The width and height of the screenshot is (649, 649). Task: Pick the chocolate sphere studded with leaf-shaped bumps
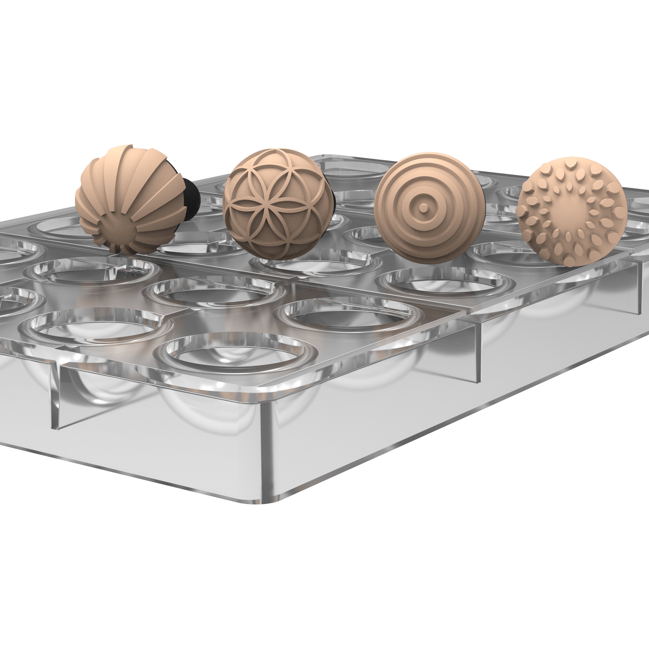coord(571,215)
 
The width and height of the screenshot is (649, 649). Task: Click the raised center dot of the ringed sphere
coord(424,209)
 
